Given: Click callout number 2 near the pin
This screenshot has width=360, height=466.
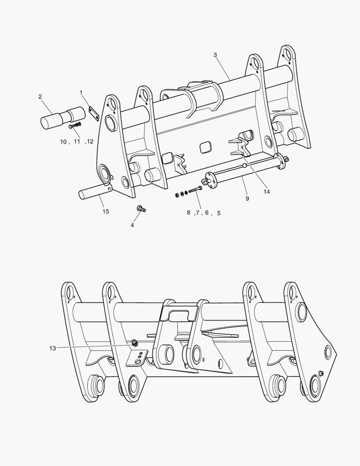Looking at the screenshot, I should tap(40, 97).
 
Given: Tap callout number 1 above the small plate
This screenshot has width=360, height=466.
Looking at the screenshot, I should tap(81, 92).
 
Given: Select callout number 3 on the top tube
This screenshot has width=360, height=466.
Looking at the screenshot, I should tap(215, 55).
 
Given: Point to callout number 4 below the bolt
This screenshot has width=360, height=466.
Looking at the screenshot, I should tap(132, 225).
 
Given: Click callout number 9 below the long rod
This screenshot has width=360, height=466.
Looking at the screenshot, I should tap(247, 198).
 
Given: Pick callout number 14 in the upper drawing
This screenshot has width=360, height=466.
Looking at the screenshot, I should tap(266, 192).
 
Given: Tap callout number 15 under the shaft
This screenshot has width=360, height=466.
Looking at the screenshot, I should tap(106, 211).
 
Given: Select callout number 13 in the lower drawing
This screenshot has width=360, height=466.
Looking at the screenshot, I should tap(53, 348).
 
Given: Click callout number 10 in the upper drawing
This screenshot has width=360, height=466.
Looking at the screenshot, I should tap(63, 142).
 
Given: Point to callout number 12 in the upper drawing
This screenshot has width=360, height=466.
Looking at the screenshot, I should tap(90, 142).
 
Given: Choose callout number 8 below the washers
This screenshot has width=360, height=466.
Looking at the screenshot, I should tap(189, 213).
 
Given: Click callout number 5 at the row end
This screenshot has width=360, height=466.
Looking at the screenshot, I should tap(219, 213).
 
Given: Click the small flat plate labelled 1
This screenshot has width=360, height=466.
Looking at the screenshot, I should tap(94, 113).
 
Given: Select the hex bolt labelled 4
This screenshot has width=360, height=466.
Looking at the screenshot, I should tap(141, 209).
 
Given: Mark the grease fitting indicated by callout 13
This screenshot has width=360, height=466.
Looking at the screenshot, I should tap(135, 343).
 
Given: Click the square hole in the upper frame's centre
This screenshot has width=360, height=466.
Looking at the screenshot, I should tap(206, 147).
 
